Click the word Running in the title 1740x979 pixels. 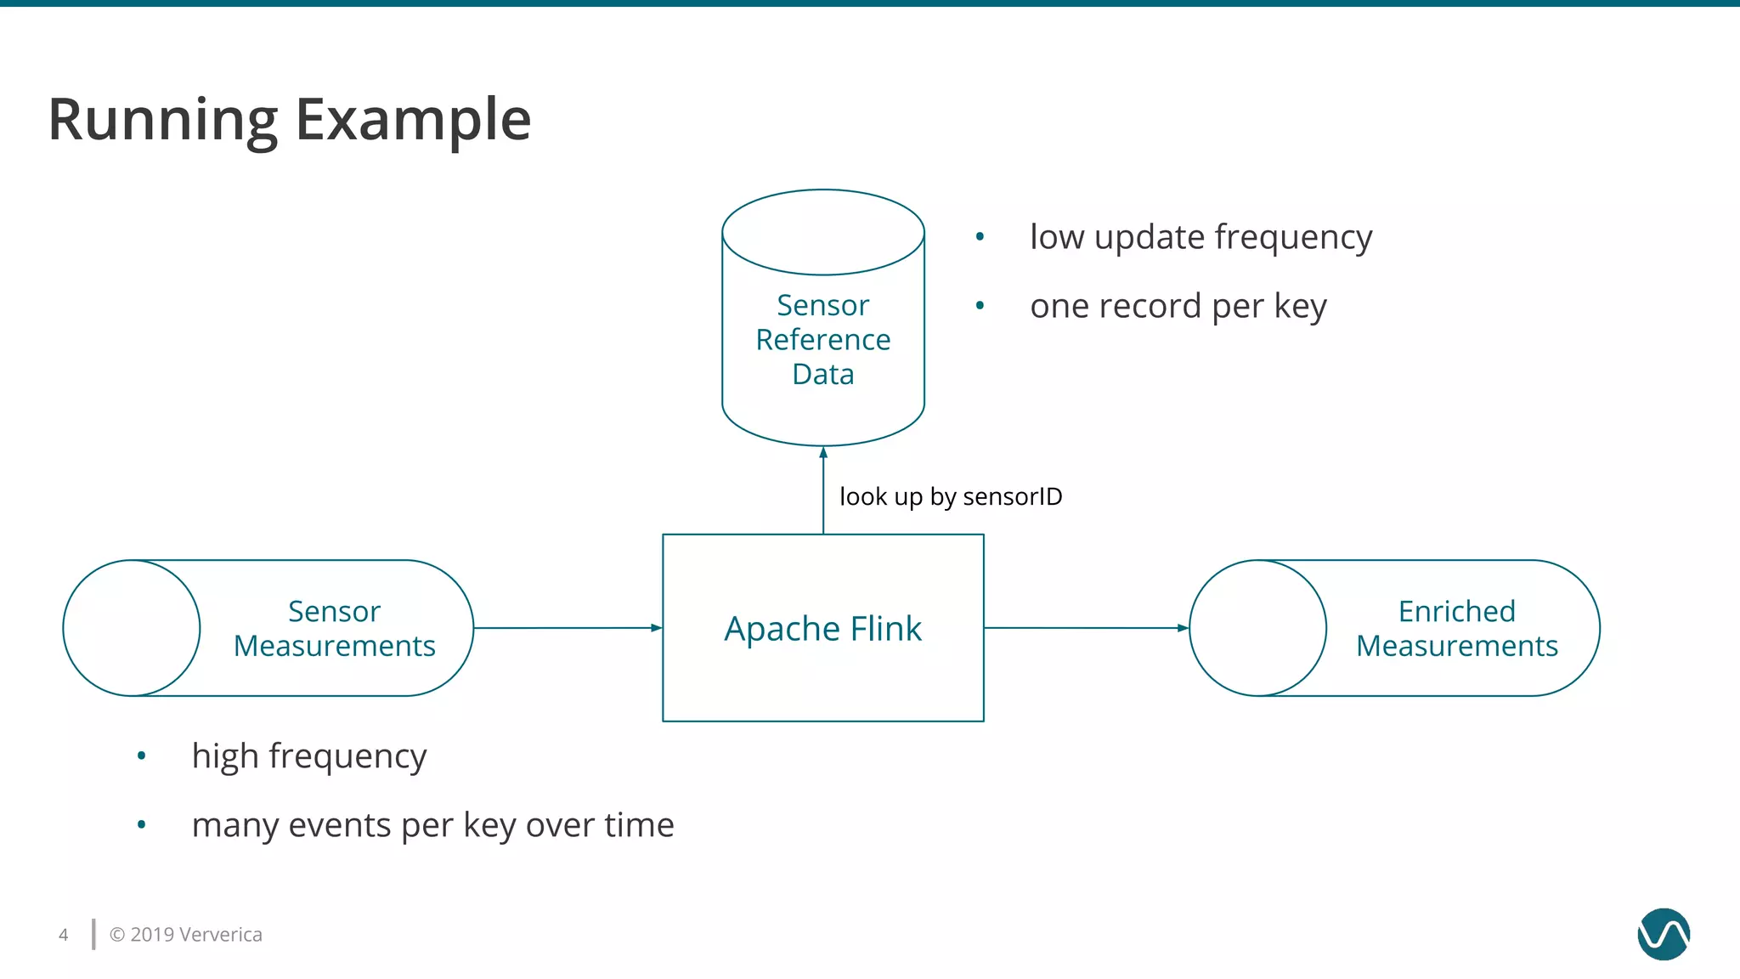(x=161, y=120)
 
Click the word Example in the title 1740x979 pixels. (x=413, y=120)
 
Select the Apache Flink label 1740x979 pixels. (x=822, y=629)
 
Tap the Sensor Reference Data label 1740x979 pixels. (x=822, y=339)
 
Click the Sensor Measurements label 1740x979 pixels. (x=334, y=629)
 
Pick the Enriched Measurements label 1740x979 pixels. (x=1456, y=629)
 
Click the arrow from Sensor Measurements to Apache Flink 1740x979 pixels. (x=565, y=628)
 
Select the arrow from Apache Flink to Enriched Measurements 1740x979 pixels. (x=1083, y=628)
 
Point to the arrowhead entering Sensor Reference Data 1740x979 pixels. (x=823, y=453)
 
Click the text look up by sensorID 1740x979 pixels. (x=950, y=496)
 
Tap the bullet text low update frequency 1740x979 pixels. (x=1200, y=237)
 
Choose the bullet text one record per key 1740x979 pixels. (x=1178, y=306)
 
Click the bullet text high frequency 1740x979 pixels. (x=308, y=755)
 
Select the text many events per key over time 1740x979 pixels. (x=432, y=825)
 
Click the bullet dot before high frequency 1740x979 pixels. (x=142, y=755)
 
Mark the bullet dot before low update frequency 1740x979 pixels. (x=980, y=236)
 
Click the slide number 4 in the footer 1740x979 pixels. (x=63, y=935)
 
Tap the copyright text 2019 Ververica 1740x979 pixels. (x=186, y=935)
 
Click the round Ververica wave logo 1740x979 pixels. (x=1663, y=934)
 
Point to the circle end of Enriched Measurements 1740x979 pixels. (x=1257, y=628)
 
